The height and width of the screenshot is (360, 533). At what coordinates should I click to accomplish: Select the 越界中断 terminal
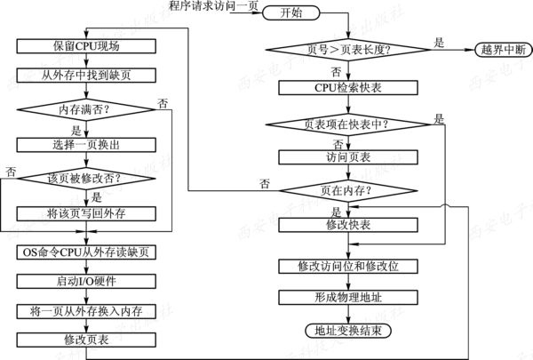pos(501,48)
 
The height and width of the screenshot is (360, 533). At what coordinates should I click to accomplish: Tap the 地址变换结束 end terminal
pos(341,332)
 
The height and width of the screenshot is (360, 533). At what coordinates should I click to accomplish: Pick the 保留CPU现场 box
pos(85,45)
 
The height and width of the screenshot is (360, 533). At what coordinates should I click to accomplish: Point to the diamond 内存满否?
pos(85,110)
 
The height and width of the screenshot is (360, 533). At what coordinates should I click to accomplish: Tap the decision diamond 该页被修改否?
pos(85,179)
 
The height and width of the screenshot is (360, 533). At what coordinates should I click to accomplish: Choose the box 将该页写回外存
pos(85,213)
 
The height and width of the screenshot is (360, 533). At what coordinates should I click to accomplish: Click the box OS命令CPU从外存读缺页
pos(85,252)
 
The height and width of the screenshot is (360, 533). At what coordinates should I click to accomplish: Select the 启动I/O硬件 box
pos(85,281)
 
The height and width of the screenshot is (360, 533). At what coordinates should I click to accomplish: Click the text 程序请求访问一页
pos(213,7)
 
